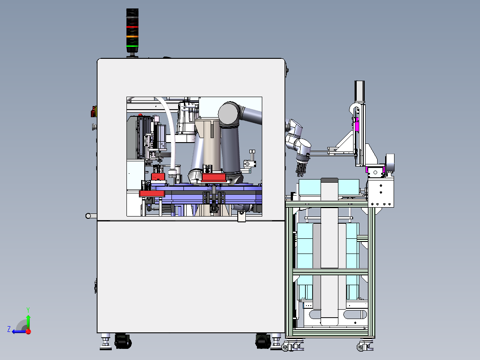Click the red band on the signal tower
132,27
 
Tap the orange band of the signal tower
132,37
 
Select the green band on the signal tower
132,46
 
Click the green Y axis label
28,310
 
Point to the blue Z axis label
9,329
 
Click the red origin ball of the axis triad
28,331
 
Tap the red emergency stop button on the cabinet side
94,112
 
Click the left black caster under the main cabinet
123,341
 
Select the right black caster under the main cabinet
263,341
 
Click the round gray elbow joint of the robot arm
229,113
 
